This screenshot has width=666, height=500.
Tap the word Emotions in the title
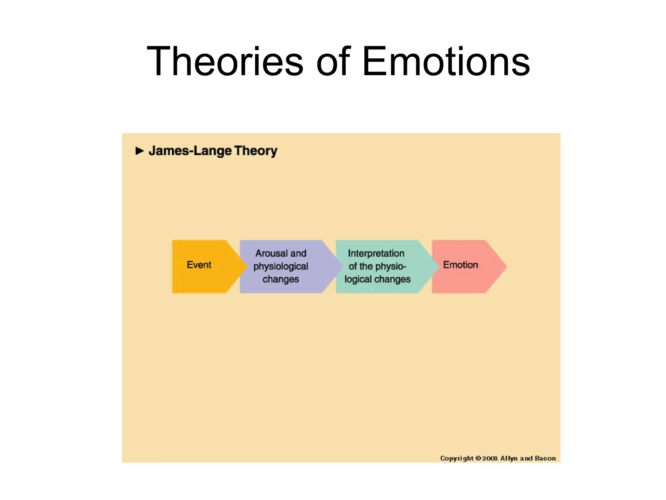tap(446, 62)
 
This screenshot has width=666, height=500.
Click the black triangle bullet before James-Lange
tap(140, 151)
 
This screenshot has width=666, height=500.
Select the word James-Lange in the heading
tap(190, 151)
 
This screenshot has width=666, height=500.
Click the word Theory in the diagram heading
tap(256, 151)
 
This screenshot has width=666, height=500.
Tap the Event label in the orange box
tap(199, 265)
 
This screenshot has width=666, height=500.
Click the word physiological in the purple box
tap(281, 266)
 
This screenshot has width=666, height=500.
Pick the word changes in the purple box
tap(281, 279)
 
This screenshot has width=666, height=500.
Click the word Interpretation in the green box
tap(376, 253)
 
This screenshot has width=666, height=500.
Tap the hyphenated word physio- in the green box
tap(390, 266)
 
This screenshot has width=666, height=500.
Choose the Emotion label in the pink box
tap(460, 265)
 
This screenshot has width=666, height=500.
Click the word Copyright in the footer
tap(457, 458)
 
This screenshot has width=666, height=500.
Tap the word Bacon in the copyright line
tap(545, 458)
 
